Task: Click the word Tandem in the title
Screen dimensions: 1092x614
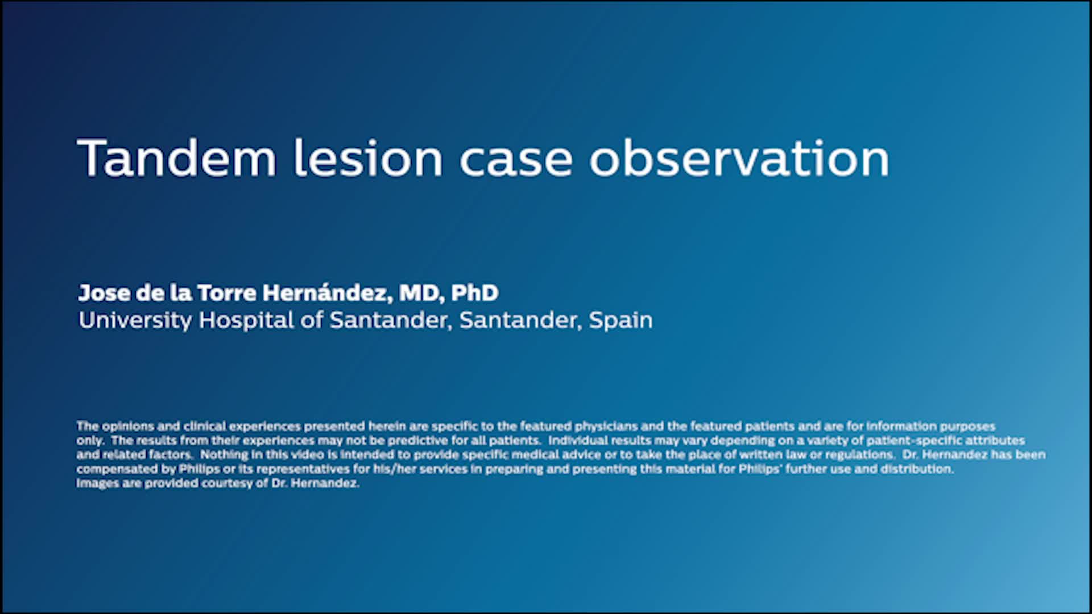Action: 177,157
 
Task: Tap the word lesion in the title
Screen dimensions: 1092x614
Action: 367,157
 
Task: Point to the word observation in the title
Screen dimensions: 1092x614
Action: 739,157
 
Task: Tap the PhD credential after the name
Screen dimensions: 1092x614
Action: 474,293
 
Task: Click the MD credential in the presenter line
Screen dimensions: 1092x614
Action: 421,293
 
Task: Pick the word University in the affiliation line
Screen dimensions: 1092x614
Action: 135,321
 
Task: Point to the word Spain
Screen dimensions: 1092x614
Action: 621,321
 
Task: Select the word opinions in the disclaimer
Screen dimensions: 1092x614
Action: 128,426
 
